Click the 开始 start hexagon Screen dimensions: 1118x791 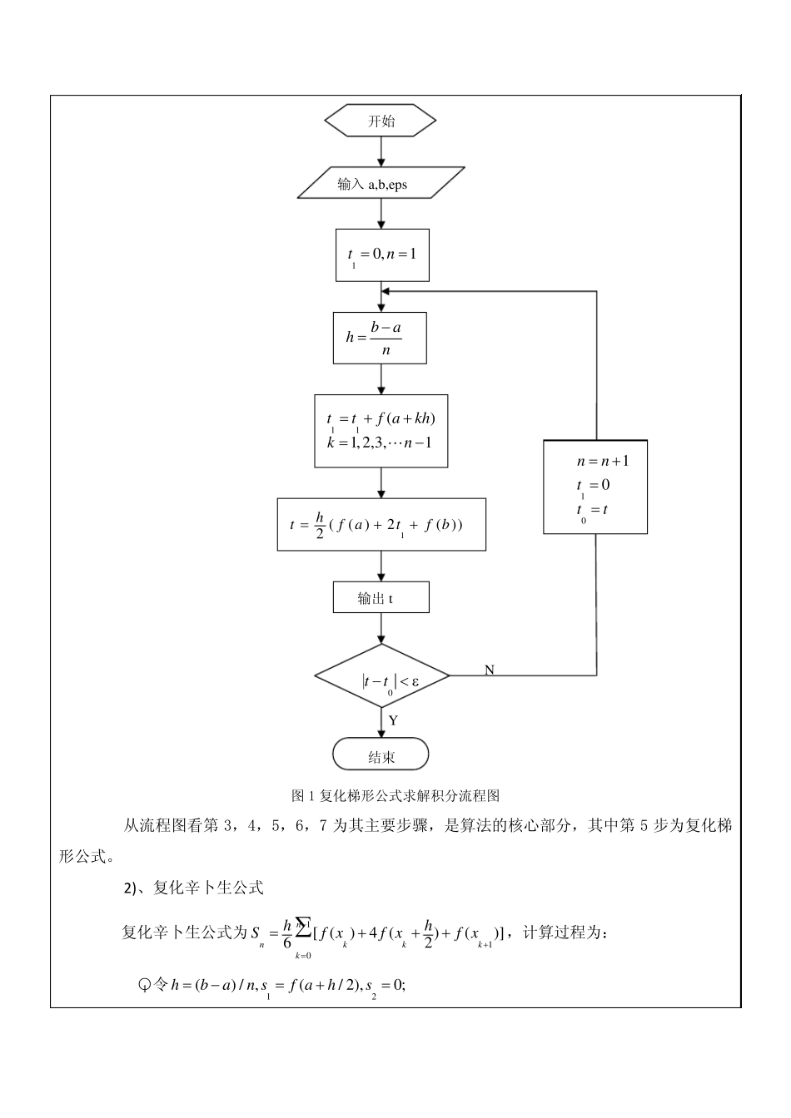coord(380,121)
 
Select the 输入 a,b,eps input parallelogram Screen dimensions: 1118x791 coord(380,184)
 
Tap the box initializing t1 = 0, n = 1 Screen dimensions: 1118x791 coord(381,255)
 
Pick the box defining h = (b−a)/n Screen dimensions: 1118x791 coord(380,338)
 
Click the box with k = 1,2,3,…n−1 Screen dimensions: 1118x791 coord(381,431)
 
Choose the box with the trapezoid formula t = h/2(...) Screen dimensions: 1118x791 coord(381,525)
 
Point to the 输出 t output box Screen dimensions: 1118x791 coord(381,598)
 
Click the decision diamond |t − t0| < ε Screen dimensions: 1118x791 coord(381,676)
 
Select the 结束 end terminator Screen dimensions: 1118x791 coord(381,756)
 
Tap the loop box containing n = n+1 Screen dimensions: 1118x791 coord(594,487)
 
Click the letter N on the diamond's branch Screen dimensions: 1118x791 coord(490,670)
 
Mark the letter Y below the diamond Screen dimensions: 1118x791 coord(393,720)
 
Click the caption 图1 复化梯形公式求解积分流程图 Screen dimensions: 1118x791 coord(395,796)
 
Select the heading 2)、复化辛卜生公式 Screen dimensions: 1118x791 coord(193,888)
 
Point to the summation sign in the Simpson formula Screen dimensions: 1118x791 coord(303,924)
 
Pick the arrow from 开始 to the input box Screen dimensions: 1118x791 coord(381,151)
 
